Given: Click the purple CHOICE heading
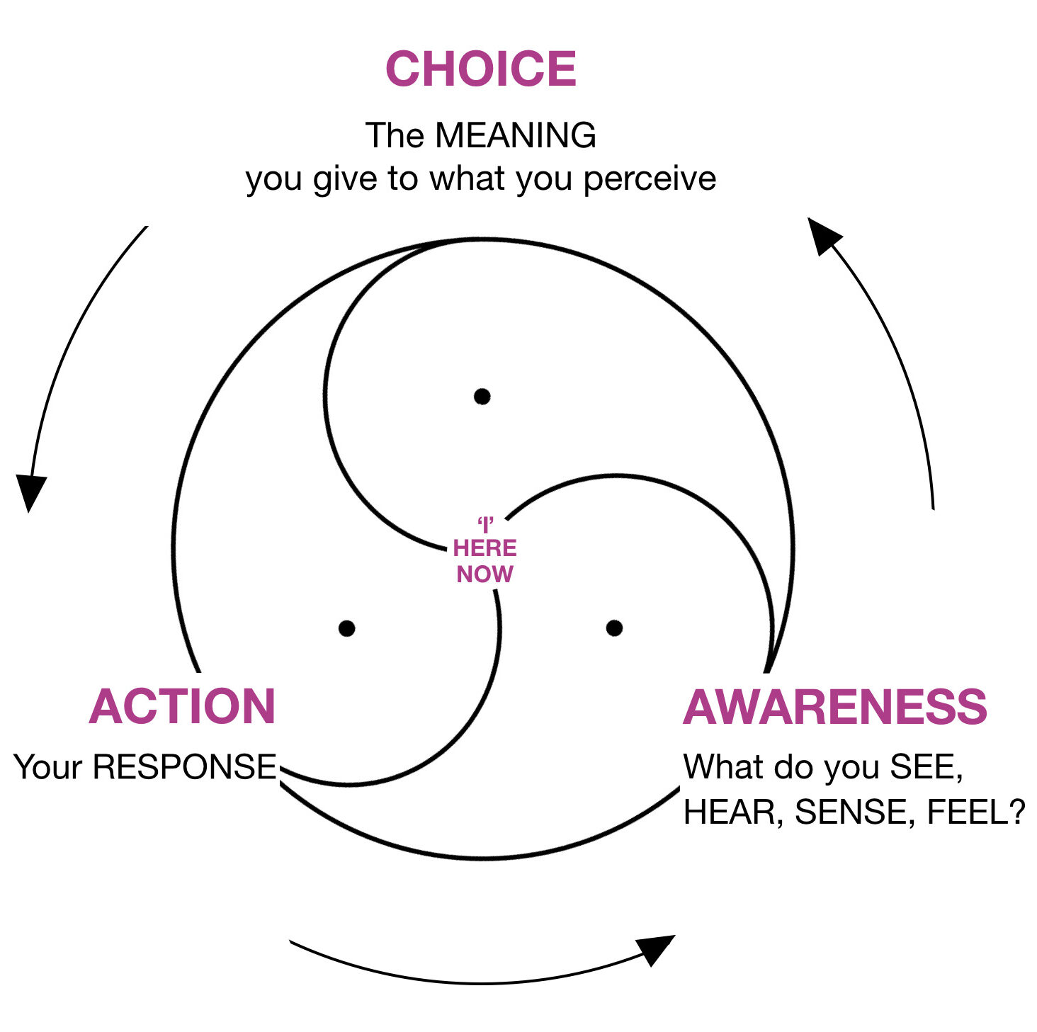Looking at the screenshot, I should coord(481,69).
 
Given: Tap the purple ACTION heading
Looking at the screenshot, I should coord(182,707).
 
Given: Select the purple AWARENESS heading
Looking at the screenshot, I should coord(835,707).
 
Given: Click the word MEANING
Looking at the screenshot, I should coord(516,135).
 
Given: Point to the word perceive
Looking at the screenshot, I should coord(650,178).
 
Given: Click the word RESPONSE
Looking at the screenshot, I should coord(185,767).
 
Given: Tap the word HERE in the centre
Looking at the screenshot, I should coord(485,548).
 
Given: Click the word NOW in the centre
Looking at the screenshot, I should coord(485,574).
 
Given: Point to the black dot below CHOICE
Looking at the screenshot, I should coord(482,396).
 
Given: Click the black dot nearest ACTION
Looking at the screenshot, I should coord(347,628).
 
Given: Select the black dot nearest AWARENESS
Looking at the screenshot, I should coord(615,628).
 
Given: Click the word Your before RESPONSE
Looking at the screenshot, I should coord(48,767).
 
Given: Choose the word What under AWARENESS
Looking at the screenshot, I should coord(723,767).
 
